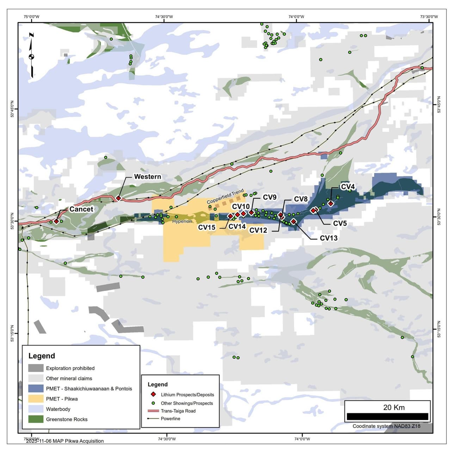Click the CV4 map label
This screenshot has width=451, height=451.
pos(347,187)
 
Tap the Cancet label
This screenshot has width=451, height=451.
pos(81,209)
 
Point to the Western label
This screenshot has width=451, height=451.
pos(147,177)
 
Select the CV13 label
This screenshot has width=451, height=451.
pos(328,238)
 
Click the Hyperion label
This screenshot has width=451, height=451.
pos(182,221)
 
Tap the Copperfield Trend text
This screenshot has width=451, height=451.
pos(225,197)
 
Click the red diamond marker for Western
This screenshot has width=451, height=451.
pos(119,198)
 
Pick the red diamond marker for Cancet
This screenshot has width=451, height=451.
pos(56,221)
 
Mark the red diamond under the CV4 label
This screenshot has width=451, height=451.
pos(330,203)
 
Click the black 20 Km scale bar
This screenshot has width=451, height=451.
pos(387,416)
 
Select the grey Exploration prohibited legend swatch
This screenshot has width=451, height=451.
pos(36,368)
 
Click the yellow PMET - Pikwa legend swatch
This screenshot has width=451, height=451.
pos(36,399)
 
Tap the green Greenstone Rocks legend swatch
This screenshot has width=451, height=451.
pos(36,419)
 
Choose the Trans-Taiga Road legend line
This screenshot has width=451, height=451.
pos(153,411)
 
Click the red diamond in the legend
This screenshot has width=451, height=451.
pos(153,394)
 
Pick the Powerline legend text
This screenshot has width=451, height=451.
pos(171,419)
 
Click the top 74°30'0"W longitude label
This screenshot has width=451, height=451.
pos(164,17)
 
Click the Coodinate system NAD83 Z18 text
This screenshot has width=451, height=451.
pos(386,426)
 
